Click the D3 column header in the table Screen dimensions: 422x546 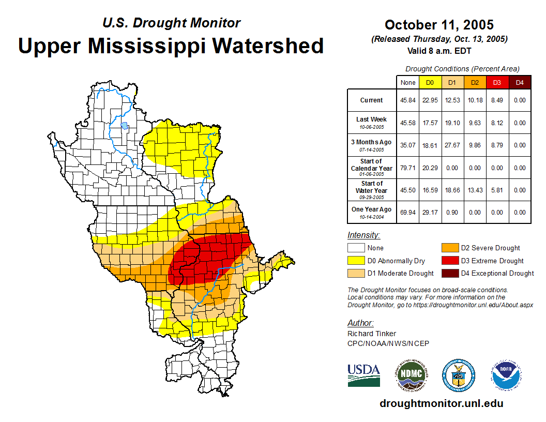pos(497,82)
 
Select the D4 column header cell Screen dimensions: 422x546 pos(520,82)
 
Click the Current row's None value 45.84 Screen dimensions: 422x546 pos(407,100)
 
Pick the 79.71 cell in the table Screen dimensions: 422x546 pos(407,168)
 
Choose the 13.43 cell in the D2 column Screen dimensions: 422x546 pos(475,190)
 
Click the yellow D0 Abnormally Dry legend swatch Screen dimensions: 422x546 pos(356,261)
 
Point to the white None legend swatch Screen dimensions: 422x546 pos(356,248)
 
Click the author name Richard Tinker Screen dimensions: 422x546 pos(371,334)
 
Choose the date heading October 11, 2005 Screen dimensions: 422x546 pos(439,25)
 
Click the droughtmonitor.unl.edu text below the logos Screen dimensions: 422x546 pos(441,403)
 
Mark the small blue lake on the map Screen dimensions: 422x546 pos(124,125)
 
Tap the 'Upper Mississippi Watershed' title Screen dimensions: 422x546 pos(171,46)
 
